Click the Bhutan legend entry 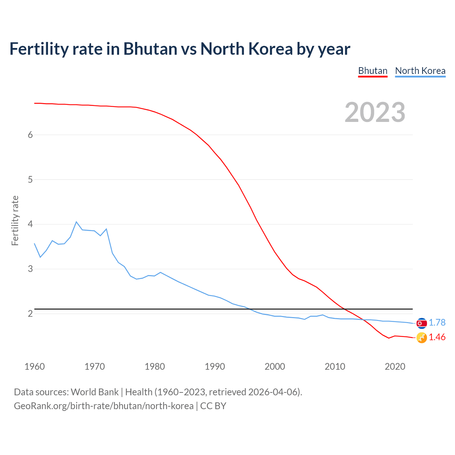pyautogui.click(x=373, y=71)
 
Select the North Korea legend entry pyautogui.click(x=420, y=71)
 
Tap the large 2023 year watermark pyautogui.click(x=375, y=112)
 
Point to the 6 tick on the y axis pyautogui.click(x=30, y=135)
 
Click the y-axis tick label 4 pyautogui.click(x=30, y=224)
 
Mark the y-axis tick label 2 pyautogui.click(x=30, y=314)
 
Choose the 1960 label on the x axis pyautogui.click(x=34, y=366)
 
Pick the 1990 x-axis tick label pyautogui.click(x=215, y=366)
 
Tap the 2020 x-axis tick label pyautogui.click(x=395, y=366)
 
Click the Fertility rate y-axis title pyautogui.click(x=15, y=220)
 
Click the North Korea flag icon pyautogui.click(x=422, y=323)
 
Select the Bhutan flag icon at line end pyautogui.click(x=422, y=338)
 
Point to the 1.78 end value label pyautogui.click(x=437, y=322)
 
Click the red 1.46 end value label pyautogui.click(x=437, y=337)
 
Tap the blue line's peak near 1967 pyautogui.click(x=76, y=222)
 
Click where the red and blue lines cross pyautogui.click(x=364, y=320)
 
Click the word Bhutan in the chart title pyautogui.click(x=150, y=49)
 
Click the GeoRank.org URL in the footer pyautogui.click(x=103, y=406)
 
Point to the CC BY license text pyautogui.click(x=213, y=406)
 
